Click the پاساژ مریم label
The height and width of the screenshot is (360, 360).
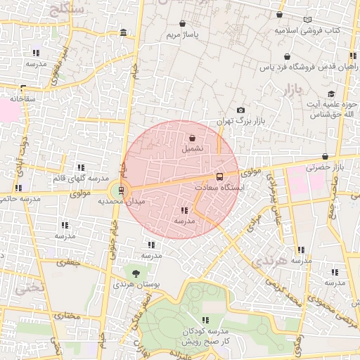pos(182,34)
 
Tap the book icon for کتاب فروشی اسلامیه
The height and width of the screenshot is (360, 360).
pos(307,20)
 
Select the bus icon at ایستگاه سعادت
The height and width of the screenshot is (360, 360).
pos(219,176)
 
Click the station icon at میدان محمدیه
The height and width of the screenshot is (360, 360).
pos(122,190)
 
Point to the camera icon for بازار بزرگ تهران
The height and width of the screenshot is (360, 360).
pos(241,110)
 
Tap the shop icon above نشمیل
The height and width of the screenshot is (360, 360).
pos(193,138)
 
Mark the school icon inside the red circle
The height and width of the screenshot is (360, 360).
pos(184,210)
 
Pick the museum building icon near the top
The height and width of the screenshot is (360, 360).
pos(124,32)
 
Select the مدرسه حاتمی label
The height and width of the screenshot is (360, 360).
pos(19,199)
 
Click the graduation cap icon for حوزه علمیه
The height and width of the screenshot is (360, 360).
pos(330,94)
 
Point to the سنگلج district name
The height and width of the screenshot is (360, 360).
pos(67,8)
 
